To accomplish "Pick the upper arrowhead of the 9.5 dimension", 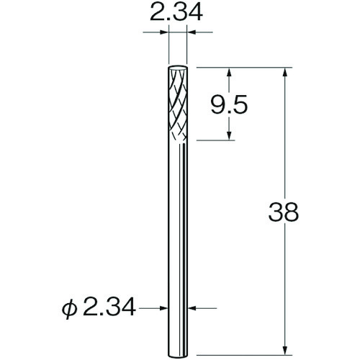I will (230, 72).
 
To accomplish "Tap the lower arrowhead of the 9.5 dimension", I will (230, 135).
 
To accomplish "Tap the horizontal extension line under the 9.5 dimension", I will (220, 140).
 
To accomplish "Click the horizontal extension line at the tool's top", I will (245, 66).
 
